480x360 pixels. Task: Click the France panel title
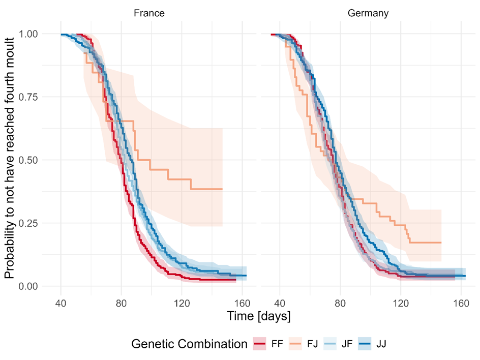click(149, 14)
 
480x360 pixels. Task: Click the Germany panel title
click(368, 14)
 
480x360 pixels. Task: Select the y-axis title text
click(10, 160)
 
